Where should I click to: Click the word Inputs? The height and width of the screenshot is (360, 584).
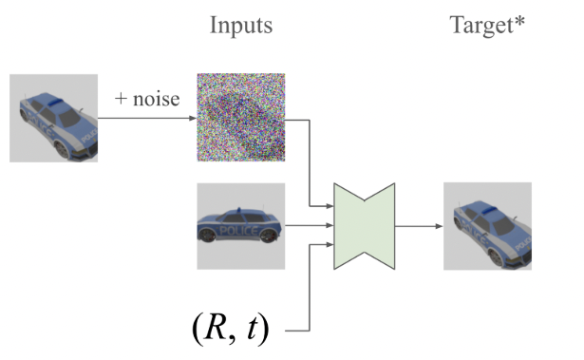(x=241, y=26)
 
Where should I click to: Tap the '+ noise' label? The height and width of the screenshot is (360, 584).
(x=147, y=98)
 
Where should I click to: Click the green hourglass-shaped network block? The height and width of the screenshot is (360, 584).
(x=364, y=226)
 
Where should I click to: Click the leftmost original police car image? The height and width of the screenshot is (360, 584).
(x=53, y=118)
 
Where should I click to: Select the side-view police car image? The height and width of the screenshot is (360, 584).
(x=240, y=226)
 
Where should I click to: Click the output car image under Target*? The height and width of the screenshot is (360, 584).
(x=486, y=226)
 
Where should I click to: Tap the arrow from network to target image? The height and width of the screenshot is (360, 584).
(x=418, y=226)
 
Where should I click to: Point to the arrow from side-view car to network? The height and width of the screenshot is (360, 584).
(x=309, y=226)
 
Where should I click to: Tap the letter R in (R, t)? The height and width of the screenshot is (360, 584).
(x=214, y=329)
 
